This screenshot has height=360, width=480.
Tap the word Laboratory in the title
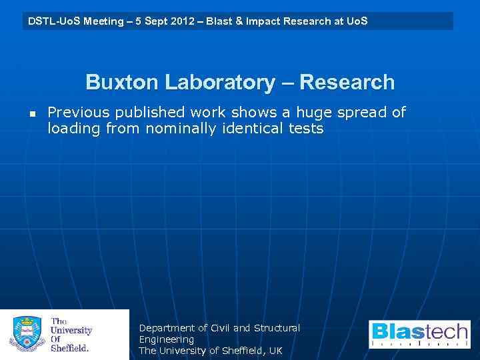click(218, 83)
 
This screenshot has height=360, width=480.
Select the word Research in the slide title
click(347, 83)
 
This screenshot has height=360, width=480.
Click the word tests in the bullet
click(306, 129)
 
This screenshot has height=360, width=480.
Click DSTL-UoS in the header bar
click(52, 21)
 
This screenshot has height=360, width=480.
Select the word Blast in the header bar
click(217, 21)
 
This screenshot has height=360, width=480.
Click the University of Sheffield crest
click(26, 334)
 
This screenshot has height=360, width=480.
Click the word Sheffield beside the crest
click(70, 348)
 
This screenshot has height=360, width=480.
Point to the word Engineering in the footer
click(166, 339)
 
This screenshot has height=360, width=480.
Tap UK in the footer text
click(275, 351)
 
